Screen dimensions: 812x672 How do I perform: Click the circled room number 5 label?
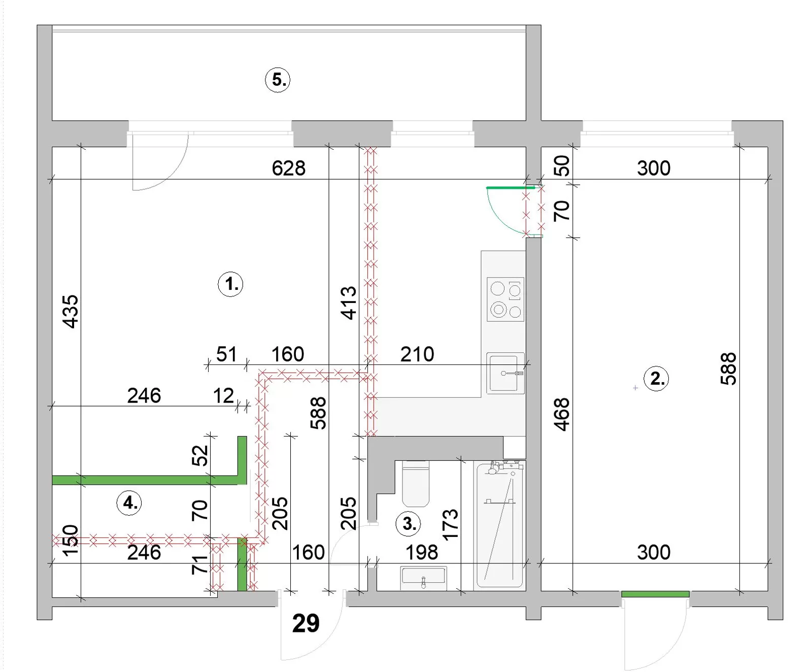(278, 80)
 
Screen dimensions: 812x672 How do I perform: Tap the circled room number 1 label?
(230, 284)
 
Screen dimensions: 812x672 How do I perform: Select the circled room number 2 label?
(656, 379)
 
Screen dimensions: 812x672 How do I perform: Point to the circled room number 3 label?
(409, 523)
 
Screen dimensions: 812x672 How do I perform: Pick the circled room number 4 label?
(129, 503)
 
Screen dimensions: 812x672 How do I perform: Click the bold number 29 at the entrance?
(306, 623)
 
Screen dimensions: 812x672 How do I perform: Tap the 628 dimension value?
(289, 169)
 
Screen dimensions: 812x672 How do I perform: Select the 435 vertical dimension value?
(71, 312)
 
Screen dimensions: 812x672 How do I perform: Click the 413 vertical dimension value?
(349, 303)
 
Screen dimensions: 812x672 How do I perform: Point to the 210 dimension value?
(417, 354)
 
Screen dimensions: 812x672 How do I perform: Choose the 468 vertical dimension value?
(562, 415)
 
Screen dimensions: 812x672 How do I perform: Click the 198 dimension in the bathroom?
(422, 553)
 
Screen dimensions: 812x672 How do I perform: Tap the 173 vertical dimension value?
(450, 524)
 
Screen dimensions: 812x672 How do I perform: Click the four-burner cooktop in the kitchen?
(505, 299)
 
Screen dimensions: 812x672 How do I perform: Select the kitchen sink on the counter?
(505, 373)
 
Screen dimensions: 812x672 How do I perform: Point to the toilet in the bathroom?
(416, 484)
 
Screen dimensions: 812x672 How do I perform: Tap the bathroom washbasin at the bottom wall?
(424, 578)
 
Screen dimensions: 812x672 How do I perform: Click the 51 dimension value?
(226, 354)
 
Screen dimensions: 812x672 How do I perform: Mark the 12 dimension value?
(223, 396)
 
